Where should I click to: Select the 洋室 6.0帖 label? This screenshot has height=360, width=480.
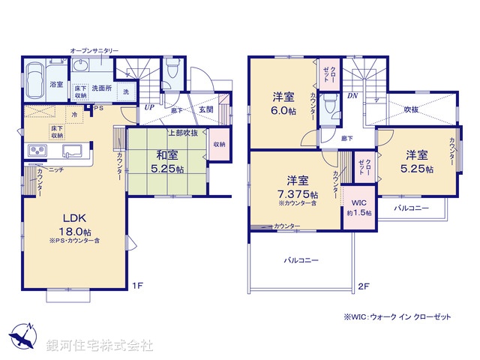coord(283,102)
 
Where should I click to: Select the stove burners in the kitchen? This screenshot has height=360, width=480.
coord(37,152)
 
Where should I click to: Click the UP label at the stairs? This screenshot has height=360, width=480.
coord(150,107)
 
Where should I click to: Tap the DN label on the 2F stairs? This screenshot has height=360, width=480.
coord(352,96)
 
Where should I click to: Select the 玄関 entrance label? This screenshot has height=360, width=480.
coord(205,111)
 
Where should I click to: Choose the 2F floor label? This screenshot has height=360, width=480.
coord(364,286)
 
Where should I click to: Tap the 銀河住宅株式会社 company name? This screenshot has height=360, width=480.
coord(100,346)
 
